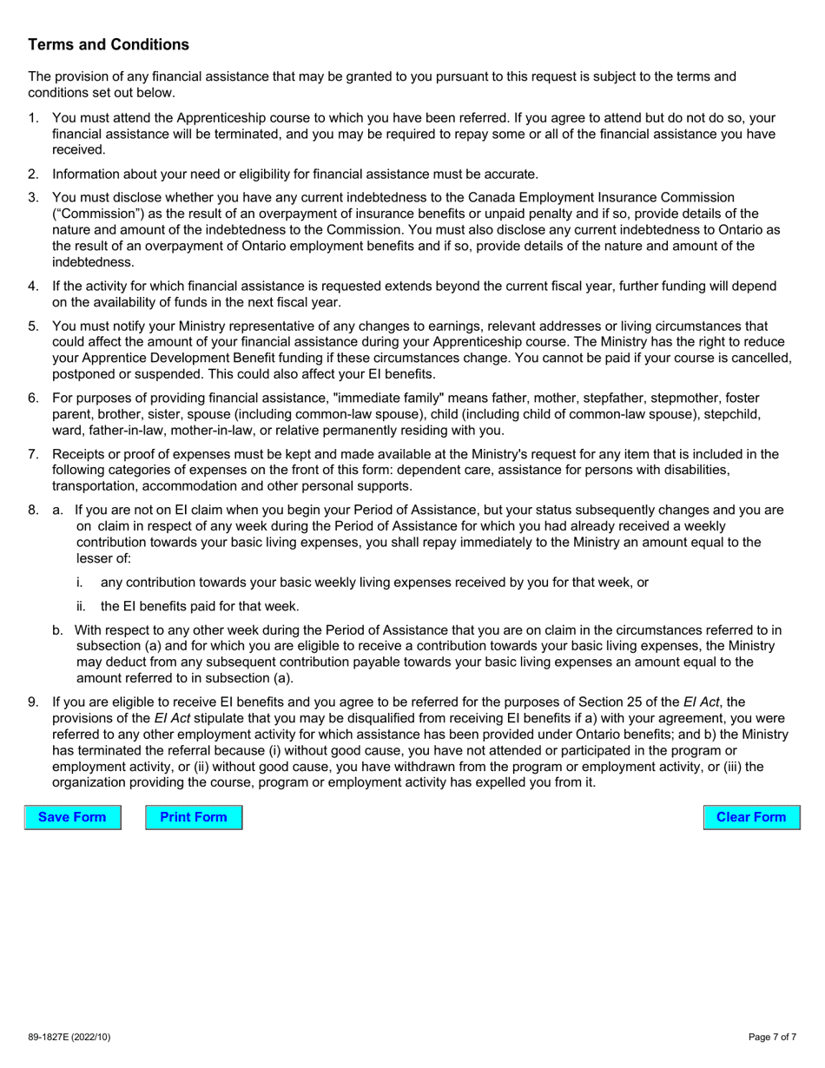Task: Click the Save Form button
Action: [x=72, y=817]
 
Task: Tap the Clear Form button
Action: [x=751, y=817]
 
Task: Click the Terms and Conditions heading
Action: [x=109, y=44]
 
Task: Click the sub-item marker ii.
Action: [x=81, y=607]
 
